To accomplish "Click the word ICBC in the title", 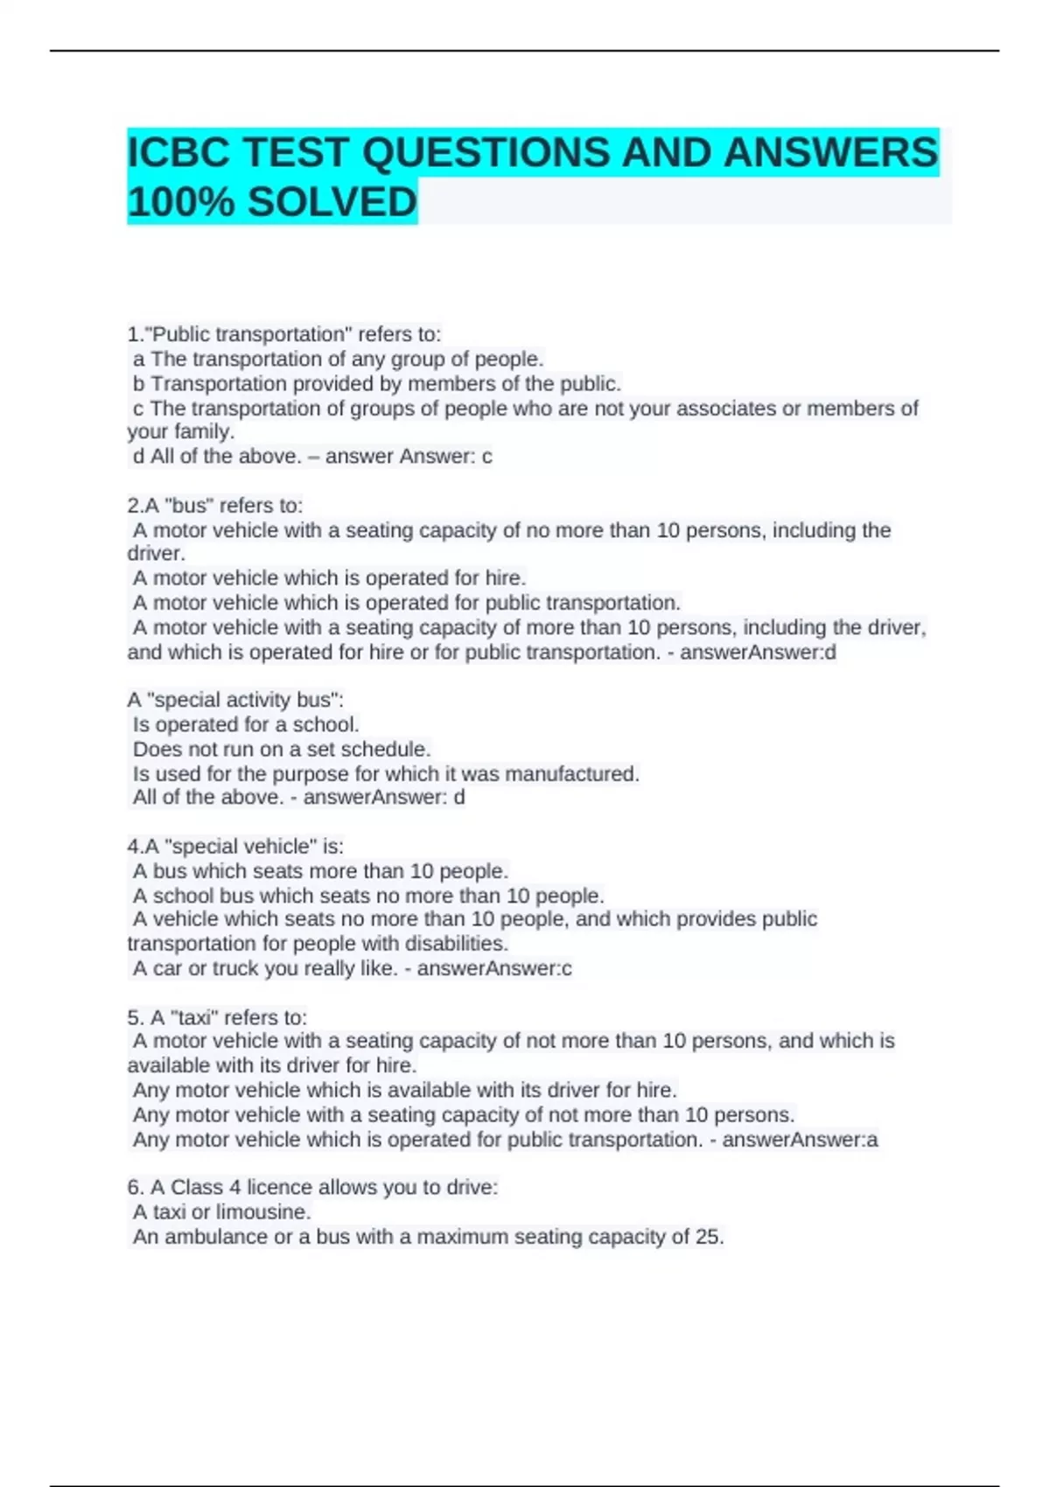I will (x=178, y=153).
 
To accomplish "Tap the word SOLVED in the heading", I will (x=332, y=203).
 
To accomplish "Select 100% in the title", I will (x=181, y=203).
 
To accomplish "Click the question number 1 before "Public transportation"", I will (x=133, y=335).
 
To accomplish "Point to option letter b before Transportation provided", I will (x=138, y=384).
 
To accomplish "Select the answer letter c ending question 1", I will (x=487, y=457).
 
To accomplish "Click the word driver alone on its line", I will (x=155, y=555).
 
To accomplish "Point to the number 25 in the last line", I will (x=708, y=1237).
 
